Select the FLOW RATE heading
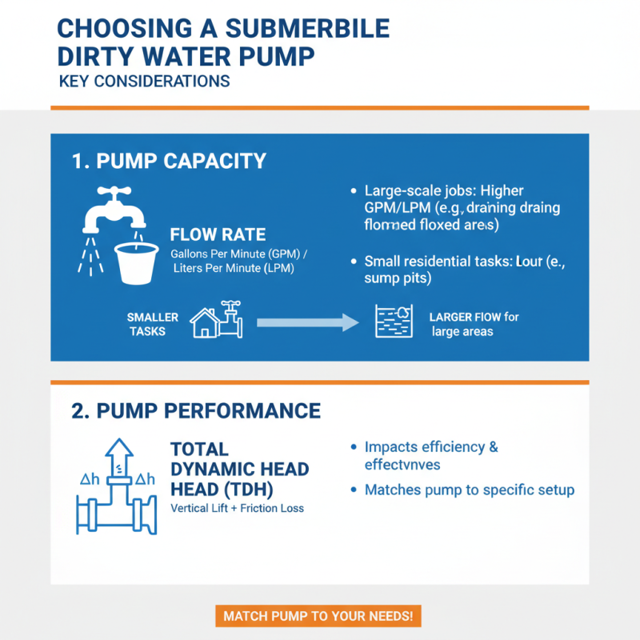(218, 235)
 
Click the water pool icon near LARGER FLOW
(394, 322)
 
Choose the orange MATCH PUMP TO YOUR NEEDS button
(318, 616)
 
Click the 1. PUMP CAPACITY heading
(168, 161)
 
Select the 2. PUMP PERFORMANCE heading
(196, 411)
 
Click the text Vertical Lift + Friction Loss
(237, 508)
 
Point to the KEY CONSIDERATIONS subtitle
(144, 82)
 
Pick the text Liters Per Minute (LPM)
(234, 269)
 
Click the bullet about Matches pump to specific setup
(470, 490)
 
